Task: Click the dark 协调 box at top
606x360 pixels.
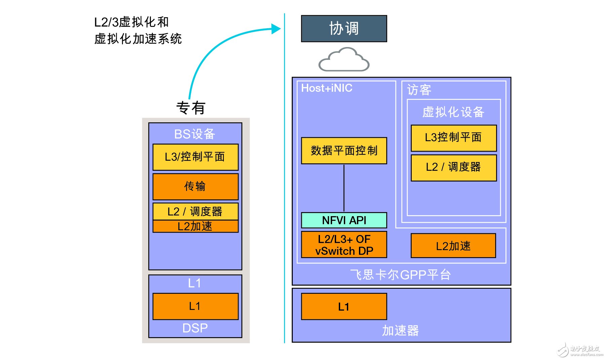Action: click(x=344, y=29)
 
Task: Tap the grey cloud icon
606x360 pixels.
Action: click(x=344, y=60)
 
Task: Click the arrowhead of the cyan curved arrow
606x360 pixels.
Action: click(x=276, y=29)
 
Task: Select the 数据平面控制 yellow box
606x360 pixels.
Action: click(x=344, y=151)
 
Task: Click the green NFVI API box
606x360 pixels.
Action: click(x=344, y=220)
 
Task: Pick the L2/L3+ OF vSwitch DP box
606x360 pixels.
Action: click(x=344, y=245)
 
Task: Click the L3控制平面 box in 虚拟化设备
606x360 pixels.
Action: click(x=453, y=138)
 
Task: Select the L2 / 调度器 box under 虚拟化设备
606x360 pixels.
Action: click(x=453, y=167)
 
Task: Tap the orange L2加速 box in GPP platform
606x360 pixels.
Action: click(x=453, y=246)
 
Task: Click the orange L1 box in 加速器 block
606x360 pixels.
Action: click(x=344, y=306)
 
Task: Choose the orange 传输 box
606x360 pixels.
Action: click(x=195, y=187)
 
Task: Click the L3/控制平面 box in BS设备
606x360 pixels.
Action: click(x=195, y=157)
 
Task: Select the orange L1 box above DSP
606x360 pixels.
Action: click(x=195, y=306)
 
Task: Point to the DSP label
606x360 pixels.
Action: click(x=195, y=328)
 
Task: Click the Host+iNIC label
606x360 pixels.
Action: click(x=326, y=88)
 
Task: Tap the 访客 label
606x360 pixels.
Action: click(x=419, y=90)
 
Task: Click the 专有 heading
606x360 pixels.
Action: click(x=191, y=108)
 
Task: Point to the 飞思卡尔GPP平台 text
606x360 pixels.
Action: click(x=401, y=275)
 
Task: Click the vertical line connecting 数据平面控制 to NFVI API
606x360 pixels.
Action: click(x=344, y=188)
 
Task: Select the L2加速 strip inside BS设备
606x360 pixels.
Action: click(x=195, y=226)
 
